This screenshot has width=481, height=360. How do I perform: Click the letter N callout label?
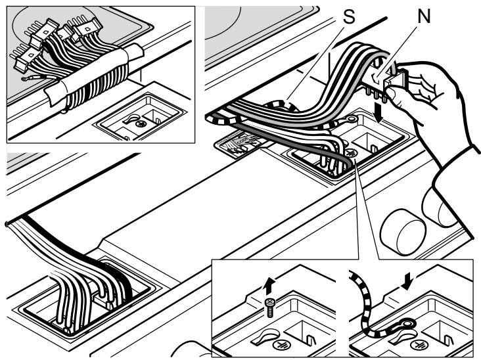click(x=425, y=16)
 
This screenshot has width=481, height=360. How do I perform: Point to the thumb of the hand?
click(x=398, y=95)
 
